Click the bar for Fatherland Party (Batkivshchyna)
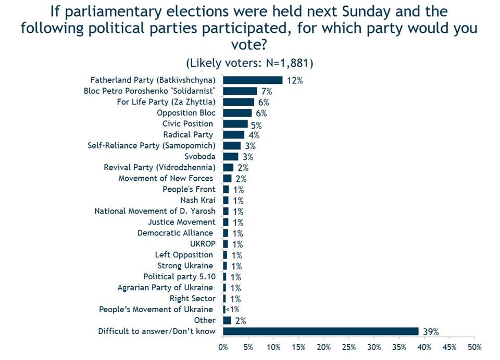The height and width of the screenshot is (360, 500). pyautogui.click(x=253, y=80)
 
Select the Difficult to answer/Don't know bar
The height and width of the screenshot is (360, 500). pyautogui.click(x=321, y=331)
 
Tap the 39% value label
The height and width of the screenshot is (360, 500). pyautogui.click(x=431, y=332)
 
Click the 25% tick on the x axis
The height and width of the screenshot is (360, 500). pyautogui.click(x=349, y=346)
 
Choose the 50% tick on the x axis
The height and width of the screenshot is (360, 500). pyautogui.click(x=474, y=346)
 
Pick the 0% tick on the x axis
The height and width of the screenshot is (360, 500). pyautogui.click(x=223, y=346)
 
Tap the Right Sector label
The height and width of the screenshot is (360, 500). pyautogui.click(x=192, y=299)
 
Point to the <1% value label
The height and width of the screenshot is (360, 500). pyautogui.click(x=232, y=310)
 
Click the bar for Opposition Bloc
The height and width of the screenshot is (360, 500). pyautogui.click(x=238, y=113)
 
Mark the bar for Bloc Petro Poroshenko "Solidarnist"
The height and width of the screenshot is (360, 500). pyautogui.click(x=240, y=91)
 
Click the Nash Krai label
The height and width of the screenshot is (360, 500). pyautogui.click(x=197, y=200)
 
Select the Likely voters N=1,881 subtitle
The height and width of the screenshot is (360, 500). pyautogui.click(x=249, y=63)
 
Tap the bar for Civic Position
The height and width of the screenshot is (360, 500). pyautogui.click(x=235, y=123)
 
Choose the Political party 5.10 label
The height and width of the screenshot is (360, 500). pyautogui.click(x=179, y=277)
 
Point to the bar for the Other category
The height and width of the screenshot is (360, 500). pyautogui.click(x=227, y=320)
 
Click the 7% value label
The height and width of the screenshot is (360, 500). pyautogui.click(x=267, y=92)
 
